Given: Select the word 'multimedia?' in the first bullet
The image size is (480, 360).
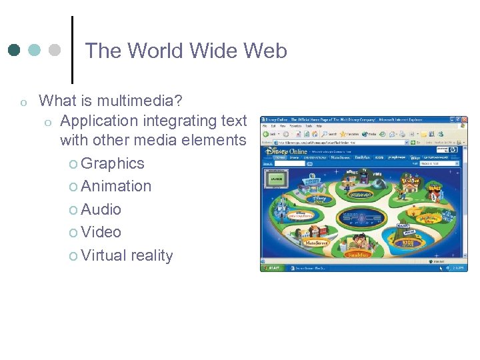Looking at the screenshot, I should pyautogui.click(x=140, y=101).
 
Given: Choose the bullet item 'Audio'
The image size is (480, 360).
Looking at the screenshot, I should pyautogui.click(x=101, y=209).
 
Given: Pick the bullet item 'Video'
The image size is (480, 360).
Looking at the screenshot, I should pyautogui.click(x=101, y=232).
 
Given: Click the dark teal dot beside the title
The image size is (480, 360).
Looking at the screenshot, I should pyautogui.click(x=15, y=50).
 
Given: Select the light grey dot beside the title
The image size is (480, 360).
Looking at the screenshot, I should pyautogui.click(x=55, y=50).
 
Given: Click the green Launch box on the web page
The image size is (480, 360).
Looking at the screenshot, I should pyautogui.click(x=275, y=179).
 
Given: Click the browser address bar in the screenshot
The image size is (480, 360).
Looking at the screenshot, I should pyautogui.click(x=340, y=142).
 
